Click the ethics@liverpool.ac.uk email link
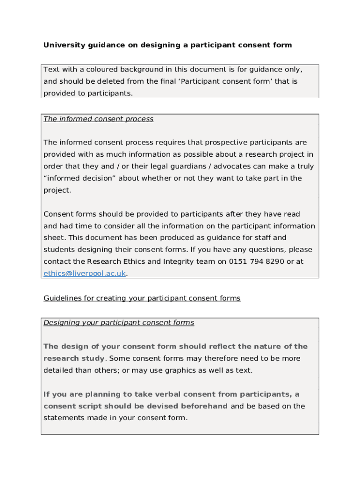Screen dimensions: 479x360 [x=85, y=274]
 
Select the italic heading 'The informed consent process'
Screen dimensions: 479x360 [x=98, y=119]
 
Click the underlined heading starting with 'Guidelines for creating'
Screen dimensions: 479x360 [x=142, y=298]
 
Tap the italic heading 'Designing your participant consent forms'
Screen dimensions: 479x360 [x=119, y=323]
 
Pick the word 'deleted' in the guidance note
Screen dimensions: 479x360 [x=111, y=81]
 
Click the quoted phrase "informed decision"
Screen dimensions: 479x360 [x=79, y=178]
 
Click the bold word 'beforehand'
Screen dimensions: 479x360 [x=205, y=406]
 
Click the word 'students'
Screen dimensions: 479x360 [x=59, y=250]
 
